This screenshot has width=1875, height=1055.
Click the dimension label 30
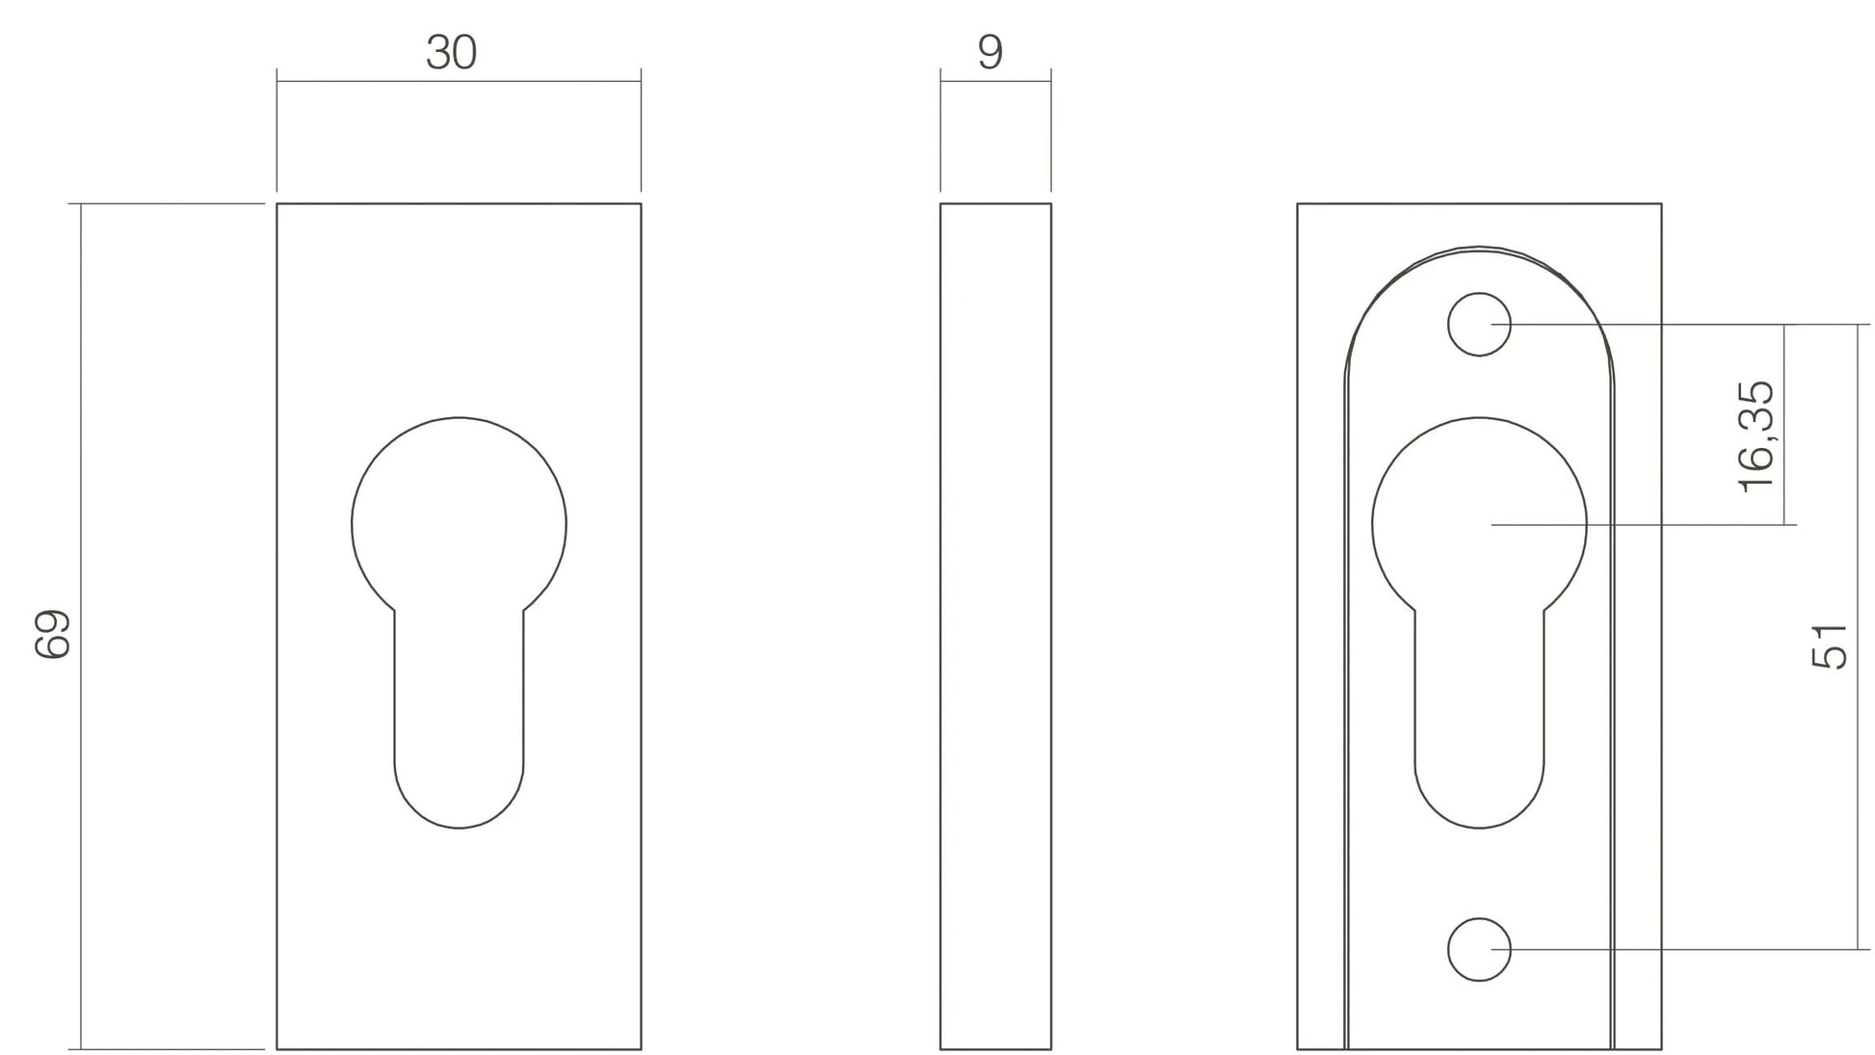pyautogui.click(x=451, y=52)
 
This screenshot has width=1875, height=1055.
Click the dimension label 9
pyautogui.click(x=990, y=52)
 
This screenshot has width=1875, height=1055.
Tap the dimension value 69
pyautogui.click(x=53, y=634)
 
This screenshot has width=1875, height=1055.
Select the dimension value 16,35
pyautogui.click(x=1756, y=435)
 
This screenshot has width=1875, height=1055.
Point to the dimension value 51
pyautogui.click(x=1830, y=646)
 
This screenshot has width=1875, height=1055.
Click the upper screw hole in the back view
pyautogui.click(x=1479, y=324)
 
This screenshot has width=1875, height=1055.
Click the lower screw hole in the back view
pyautogui.click(x=1479, y=950)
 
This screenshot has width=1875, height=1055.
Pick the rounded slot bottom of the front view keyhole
pyautogui.click(x=459, y=827)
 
